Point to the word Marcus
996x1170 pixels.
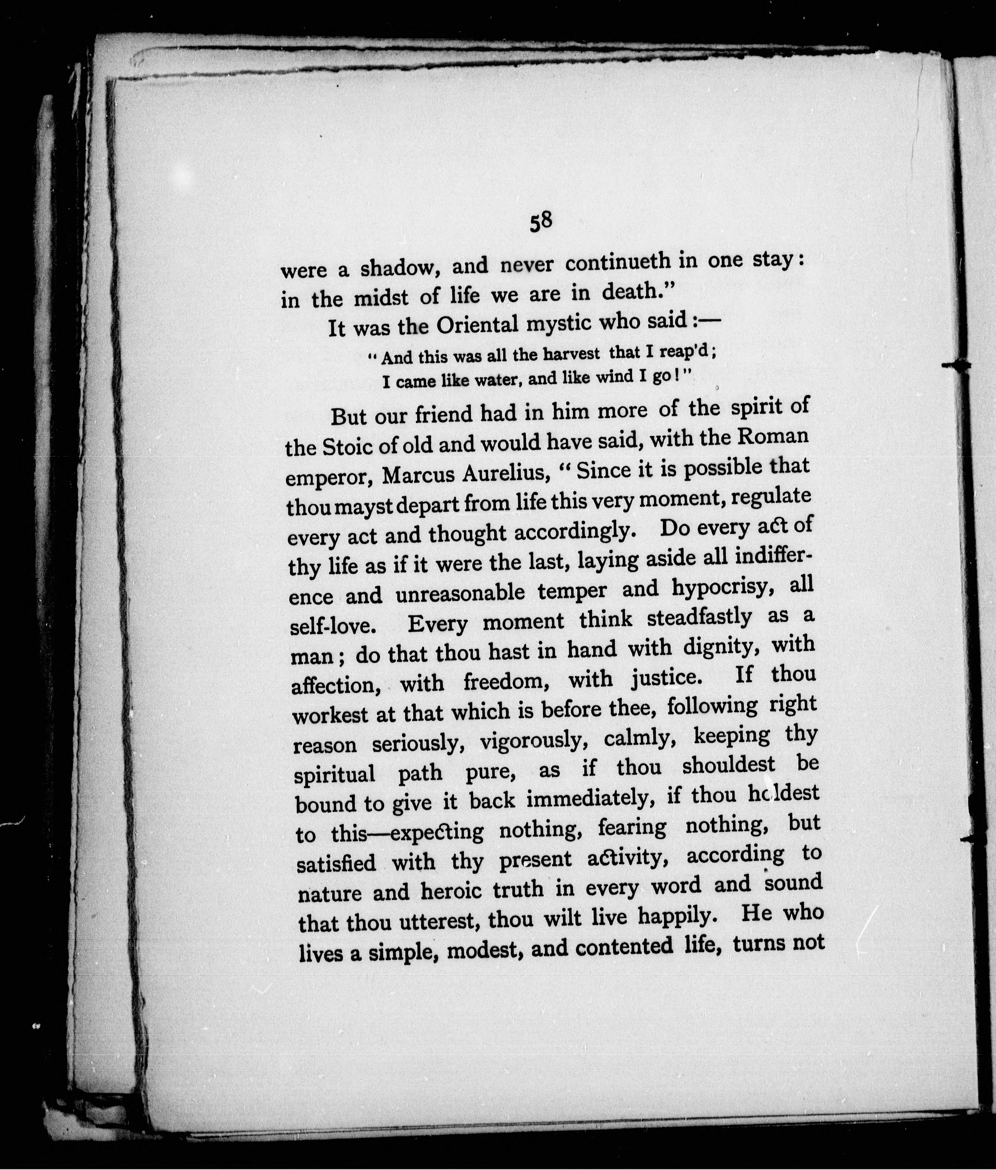pos(418,477)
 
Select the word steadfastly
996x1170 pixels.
pos(699,618)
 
